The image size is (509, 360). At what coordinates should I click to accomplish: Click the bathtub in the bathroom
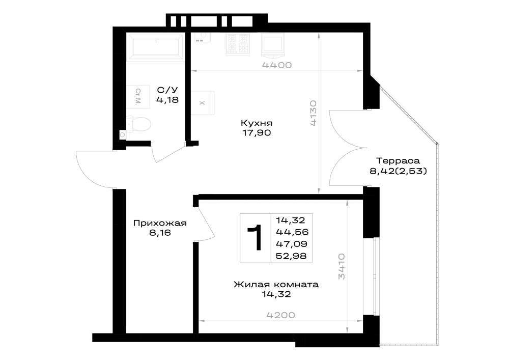tap(155, 48)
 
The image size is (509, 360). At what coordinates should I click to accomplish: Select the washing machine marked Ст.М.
tap(138, 97)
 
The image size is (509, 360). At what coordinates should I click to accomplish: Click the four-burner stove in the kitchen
tap(238, 44)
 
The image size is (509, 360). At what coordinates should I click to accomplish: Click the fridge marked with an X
tap(203, 103)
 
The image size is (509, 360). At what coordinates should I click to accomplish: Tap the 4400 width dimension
tap(277, 65)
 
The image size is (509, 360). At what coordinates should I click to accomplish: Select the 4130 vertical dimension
tap(313, 113)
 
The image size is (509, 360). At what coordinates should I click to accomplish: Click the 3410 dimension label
tap(342, 266)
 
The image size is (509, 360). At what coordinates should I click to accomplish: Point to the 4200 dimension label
tap(281, 315)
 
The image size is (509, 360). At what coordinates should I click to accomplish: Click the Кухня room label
tap(257, 123)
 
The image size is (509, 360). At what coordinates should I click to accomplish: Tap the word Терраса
tap(398, 161)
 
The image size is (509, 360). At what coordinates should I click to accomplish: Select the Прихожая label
tap(160, 224)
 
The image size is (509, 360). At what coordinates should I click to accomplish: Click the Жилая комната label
tap(276, 285)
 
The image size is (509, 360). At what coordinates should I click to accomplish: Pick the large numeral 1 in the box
tap(256, 238)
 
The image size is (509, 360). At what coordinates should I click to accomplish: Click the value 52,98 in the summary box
tap(291, 256)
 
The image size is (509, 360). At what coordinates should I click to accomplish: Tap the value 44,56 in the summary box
tap(292, 232)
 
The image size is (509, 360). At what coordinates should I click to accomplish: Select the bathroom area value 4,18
tap(167, 100)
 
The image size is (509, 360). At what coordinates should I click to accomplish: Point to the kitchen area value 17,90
tap(257, 133)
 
